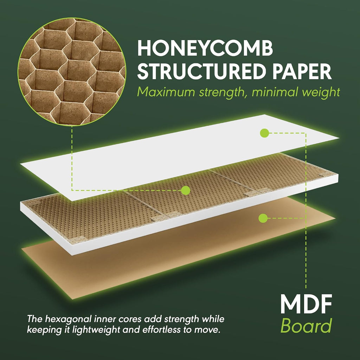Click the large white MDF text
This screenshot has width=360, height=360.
(x=306, y=304)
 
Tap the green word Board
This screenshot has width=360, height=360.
(x=306, y=326)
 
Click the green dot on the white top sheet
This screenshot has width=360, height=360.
(x=264, y=133)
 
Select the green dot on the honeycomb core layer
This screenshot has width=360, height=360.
(x=186, y=190)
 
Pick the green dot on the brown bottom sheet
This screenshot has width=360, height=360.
(x=263, y=218)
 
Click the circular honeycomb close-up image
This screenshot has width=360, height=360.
(x=72, y=72)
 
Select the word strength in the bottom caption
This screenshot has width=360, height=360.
(x=181, y=319)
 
